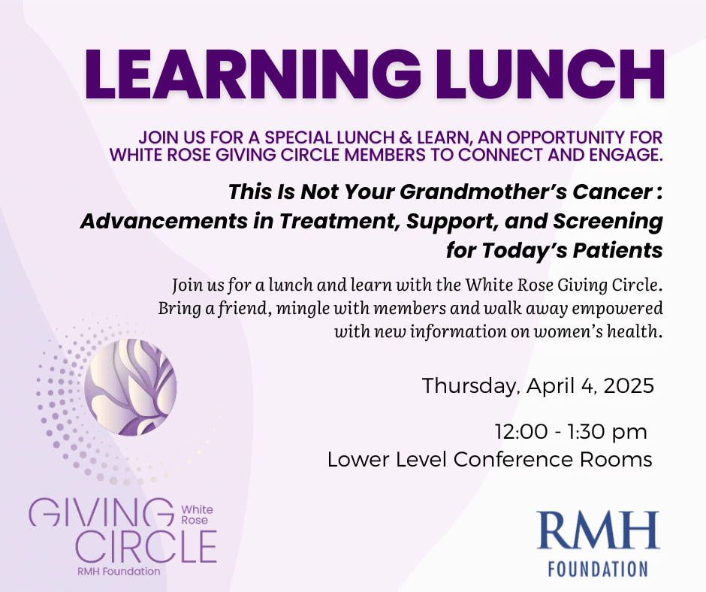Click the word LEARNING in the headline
pos(253,74)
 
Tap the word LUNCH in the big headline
pos(550,74)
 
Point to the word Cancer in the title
pos(612,192)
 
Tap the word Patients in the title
pos(617,250)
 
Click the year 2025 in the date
pos(629,386)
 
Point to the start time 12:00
pos(521,432)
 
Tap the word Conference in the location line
pos(513,460)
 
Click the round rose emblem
pos(131,388)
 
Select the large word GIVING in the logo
pos(101,512)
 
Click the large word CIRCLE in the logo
pos(146,546)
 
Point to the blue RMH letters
pos(598,530)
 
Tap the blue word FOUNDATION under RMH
pos(598,569)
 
